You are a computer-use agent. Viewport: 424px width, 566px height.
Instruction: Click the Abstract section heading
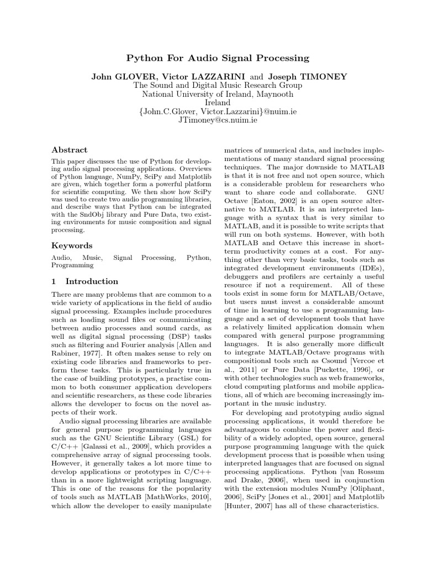(x=69, y=150)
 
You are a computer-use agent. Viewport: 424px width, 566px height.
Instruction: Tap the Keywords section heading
(x=72, y=245)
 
